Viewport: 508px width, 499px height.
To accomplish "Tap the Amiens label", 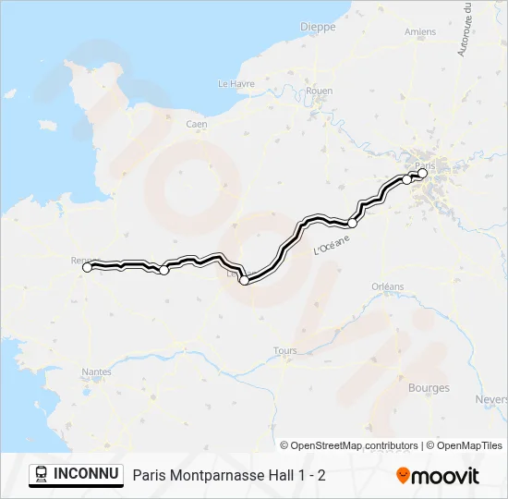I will (x=420, y=31).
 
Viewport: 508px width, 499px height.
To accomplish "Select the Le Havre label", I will (x=236, y=83).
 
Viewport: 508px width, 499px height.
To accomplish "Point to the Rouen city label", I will (x=319, y=91).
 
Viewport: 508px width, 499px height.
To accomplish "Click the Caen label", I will (x=196, y=124).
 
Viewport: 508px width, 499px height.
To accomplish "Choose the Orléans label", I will (x=388, y=286).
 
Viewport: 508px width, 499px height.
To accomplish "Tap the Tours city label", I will (x=285, y=351).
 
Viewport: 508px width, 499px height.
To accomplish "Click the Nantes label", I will (x=97, y=371).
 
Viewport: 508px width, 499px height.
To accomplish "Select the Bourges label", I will (x=429, y=388).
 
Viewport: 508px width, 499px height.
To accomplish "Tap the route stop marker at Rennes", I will (x=88, y=267).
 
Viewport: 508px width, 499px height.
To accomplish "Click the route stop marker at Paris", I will (x=423, y=173).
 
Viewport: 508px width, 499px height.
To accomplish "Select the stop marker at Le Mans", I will (x=244, y=280).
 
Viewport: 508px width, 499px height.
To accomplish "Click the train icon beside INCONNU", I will (x=42, y=475).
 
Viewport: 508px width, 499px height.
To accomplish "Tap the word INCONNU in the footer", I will (x=87, y=474).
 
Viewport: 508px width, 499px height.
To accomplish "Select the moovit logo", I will (x=438, y=476).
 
